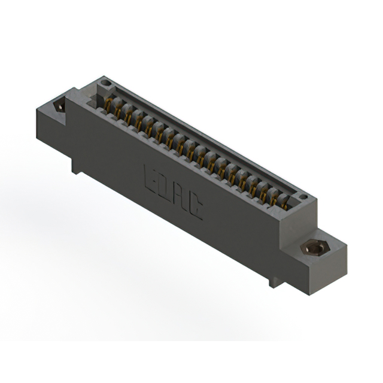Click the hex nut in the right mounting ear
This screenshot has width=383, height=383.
315,249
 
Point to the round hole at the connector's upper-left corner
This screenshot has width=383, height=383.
106,83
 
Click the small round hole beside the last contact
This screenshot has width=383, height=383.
303,197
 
